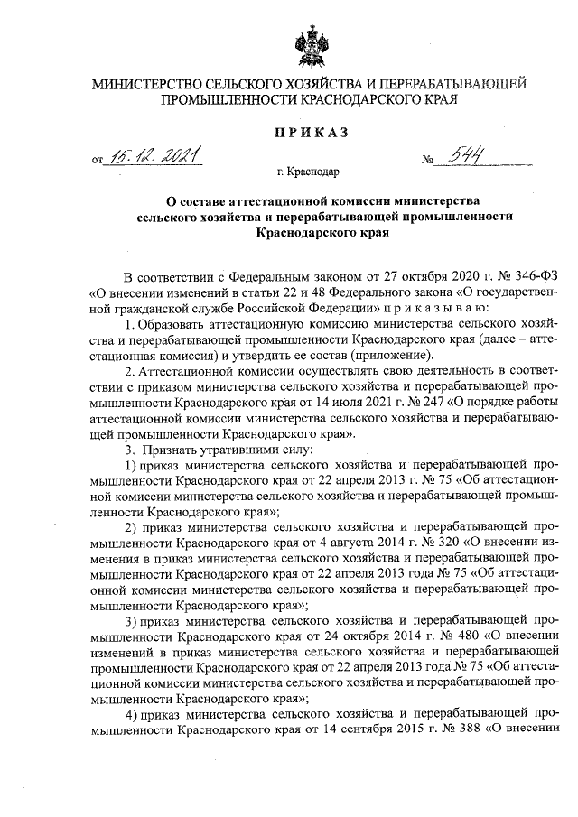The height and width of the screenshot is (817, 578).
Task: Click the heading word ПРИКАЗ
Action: pyautogui.click(x=311, y=134)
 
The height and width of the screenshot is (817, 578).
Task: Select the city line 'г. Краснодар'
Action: pyautogui.click(x=311, y=172)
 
